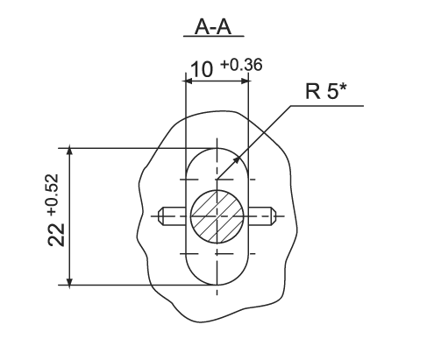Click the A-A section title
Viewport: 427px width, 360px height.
(x=213, y=27)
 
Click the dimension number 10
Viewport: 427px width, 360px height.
(x=202, y=69)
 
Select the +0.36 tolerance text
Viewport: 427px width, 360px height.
(x=241, y=65)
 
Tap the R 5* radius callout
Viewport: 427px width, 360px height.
(x=325, y=91)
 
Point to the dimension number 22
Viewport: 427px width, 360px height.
(x=56, y=235)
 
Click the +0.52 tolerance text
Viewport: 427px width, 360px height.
(x=53, y=195)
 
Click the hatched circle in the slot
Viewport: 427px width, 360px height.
(x=217, y=216)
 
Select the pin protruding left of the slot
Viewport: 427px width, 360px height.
(x=172, y=216)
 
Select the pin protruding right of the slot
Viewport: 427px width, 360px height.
(x=262, y=216)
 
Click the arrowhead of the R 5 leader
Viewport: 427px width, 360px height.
(x=236, y=160)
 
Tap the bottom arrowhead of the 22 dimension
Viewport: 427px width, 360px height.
(x=69, y=281)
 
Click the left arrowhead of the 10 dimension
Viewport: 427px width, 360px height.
(x=190, y=81)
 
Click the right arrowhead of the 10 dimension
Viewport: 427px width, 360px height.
(x=244, y=81)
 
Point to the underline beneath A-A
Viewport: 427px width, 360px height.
(x=214, y=37)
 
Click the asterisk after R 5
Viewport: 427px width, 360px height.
(x=343, y=88)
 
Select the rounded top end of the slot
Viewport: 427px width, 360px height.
(x=217, y=148)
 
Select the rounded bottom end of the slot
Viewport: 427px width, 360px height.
(x=217, y=285)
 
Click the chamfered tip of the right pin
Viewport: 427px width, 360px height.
(x=274, y=216)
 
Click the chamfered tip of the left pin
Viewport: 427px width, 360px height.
(x=160, y=216)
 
